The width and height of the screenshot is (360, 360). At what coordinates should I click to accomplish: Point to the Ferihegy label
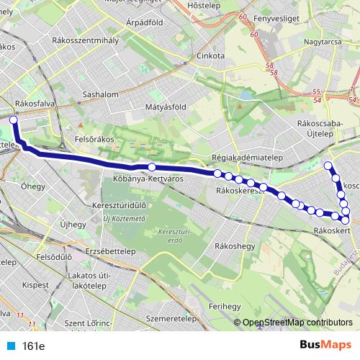tap(225, 306)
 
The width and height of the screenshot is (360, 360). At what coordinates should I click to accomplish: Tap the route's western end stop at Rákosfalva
tap(13, 120)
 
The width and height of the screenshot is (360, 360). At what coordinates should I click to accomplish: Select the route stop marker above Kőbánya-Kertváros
tap(151, 167)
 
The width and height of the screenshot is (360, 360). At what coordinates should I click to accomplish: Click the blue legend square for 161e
tap(11, 346)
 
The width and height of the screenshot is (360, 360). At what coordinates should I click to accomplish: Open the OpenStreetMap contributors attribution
tap(299, 322)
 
